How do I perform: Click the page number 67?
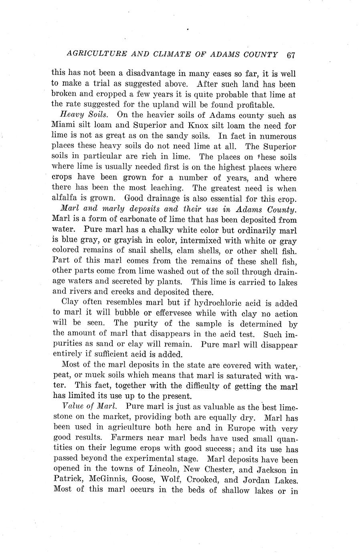point(291,55)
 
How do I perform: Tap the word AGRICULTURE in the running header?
point(83,53)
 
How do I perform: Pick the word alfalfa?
point(65,198)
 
